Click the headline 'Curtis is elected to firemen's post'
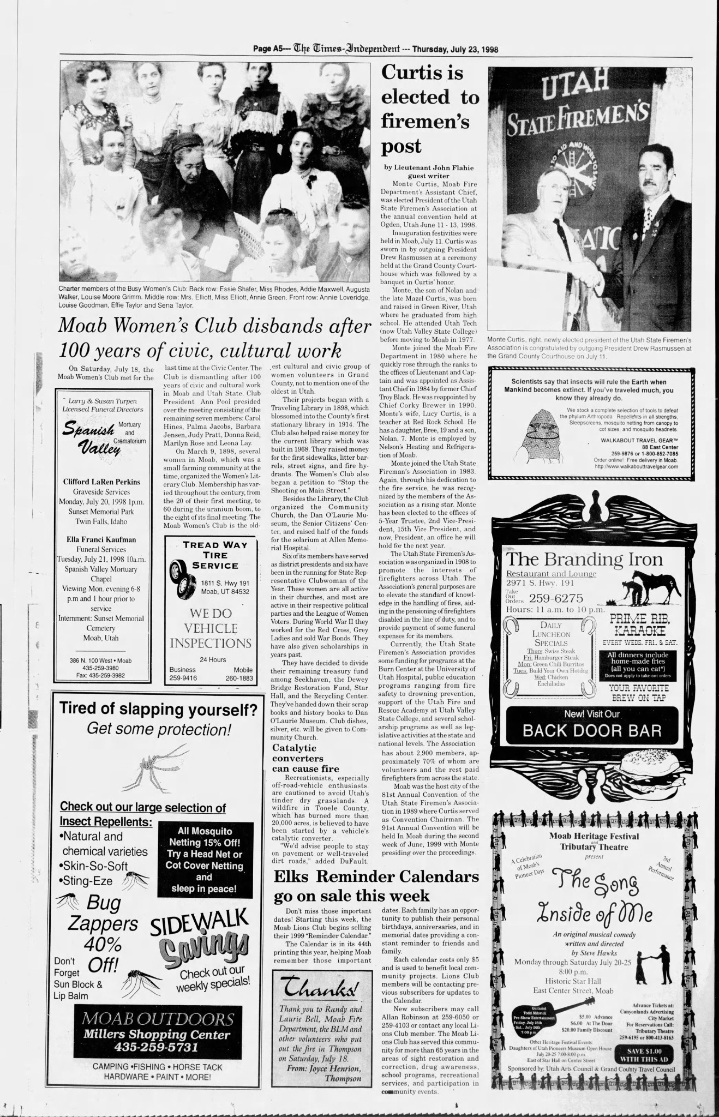(x=429, y=109)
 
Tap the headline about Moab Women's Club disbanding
(x=214, y=338)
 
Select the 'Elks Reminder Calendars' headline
(x=376, y=886)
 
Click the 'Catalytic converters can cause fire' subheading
(x=305, y=758)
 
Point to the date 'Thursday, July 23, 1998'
(x=455, y=49)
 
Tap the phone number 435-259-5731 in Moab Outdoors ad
(x=156, y=1047)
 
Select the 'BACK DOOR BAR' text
(x=592, y=730)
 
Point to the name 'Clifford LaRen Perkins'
(x=101, y=482)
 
